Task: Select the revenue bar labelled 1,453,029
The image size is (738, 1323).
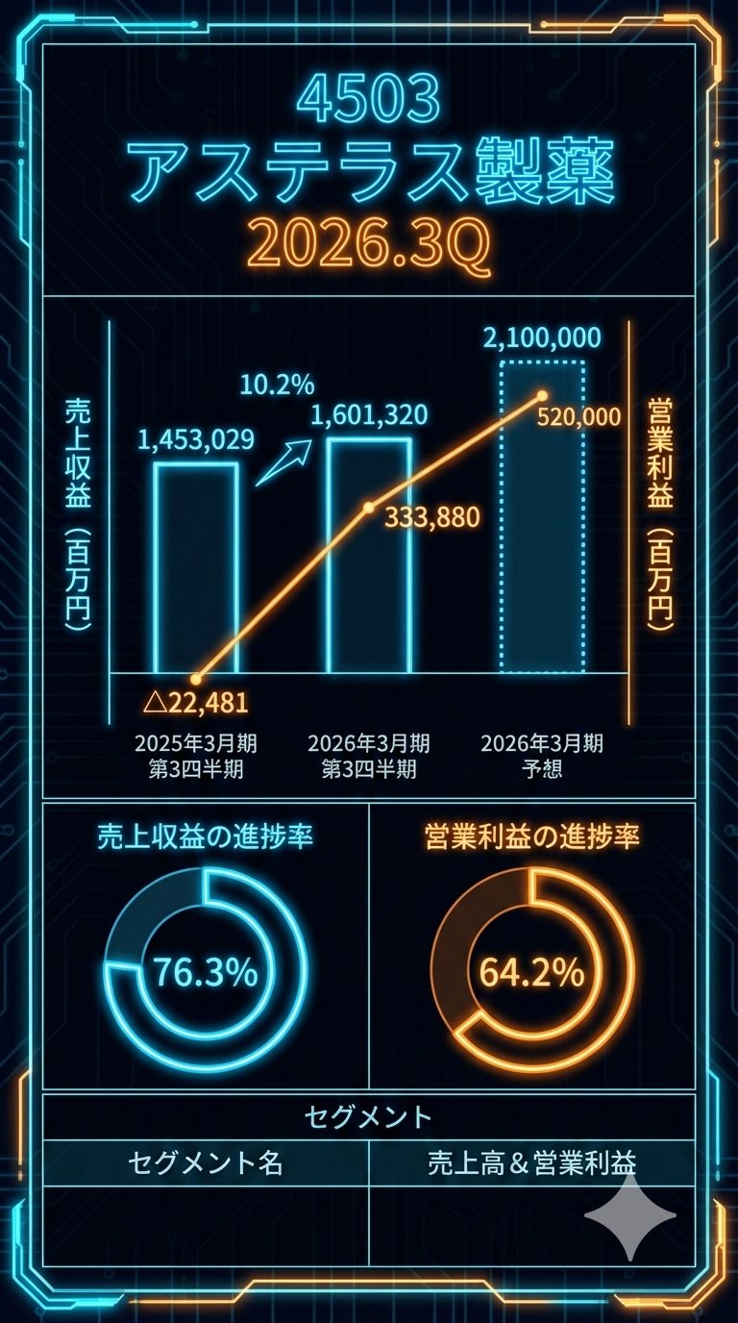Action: click(x=196, y=567)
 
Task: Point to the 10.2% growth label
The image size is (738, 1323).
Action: click(x=277, y=386)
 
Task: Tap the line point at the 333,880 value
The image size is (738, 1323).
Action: click(x=368, y=507)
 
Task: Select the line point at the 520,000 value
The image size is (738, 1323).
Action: click(x=542, y=395)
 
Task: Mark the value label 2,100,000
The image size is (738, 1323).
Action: click(x=542, y=337)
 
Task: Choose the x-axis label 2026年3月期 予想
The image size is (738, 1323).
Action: click(x=542, y=756)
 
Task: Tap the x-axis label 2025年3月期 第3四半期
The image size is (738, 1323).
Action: click(x=196, y=756)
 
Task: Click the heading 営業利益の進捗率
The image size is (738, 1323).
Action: click(x=531, y=836)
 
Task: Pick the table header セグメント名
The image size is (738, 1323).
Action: click(x=206, y=1163)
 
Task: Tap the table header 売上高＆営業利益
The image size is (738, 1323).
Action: click(x=531, y=1163)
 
